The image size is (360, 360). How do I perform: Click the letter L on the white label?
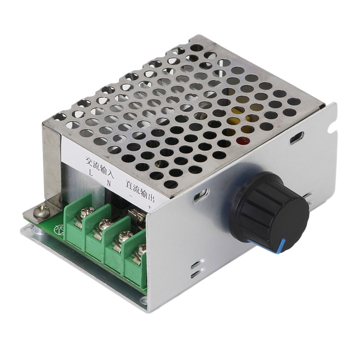click(x=92, y=172)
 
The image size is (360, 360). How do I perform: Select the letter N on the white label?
click(x=108, y=182)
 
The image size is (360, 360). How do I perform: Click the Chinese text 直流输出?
click(x=139, y=191)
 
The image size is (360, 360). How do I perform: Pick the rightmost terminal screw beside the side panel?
click(x=141, y=249)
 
